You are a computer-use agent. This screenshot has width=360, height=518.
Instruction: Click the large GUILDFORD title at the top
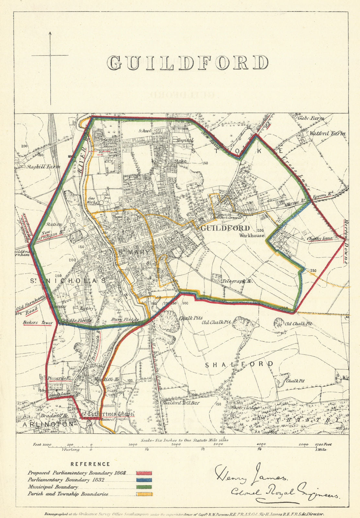(x=188, y=63)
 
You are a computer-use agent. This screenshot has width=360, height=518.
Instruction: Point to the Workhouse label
(x=252, y=236)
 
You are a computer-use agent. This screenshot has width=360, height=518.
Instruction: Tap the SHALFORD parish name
(x=239, y=364)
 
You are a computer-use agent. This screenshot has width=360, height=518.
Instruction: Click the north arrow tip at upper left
(x=50, y=32)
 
